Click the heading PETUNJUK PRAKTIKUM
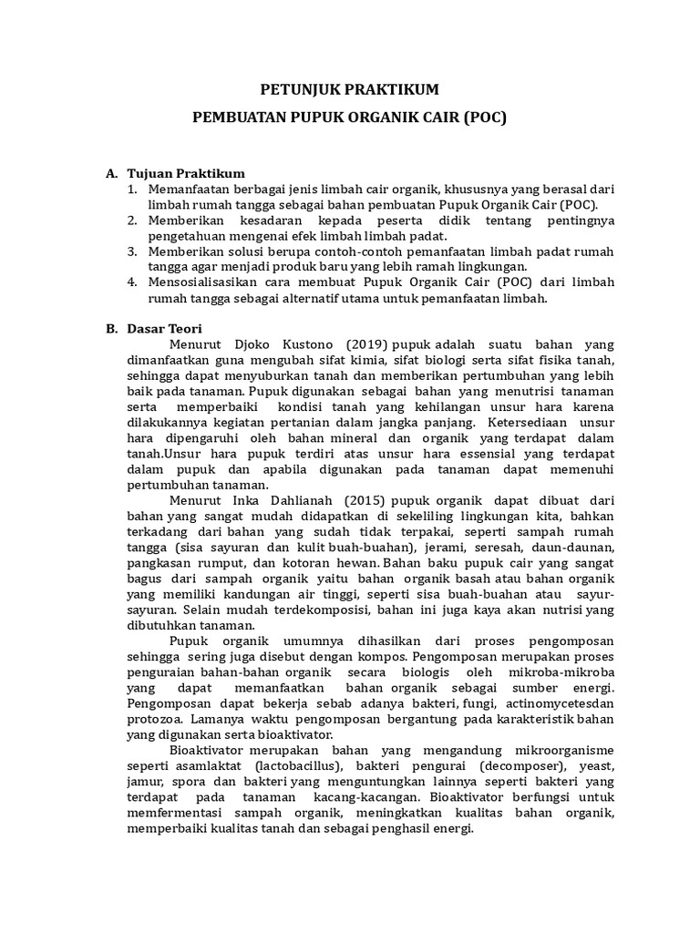[x=350, y=89]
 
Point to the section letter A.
[x=111, y=173]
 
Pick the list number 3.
[x=131, y=251]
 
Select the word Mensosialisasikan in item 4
[x=203, y=282]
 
